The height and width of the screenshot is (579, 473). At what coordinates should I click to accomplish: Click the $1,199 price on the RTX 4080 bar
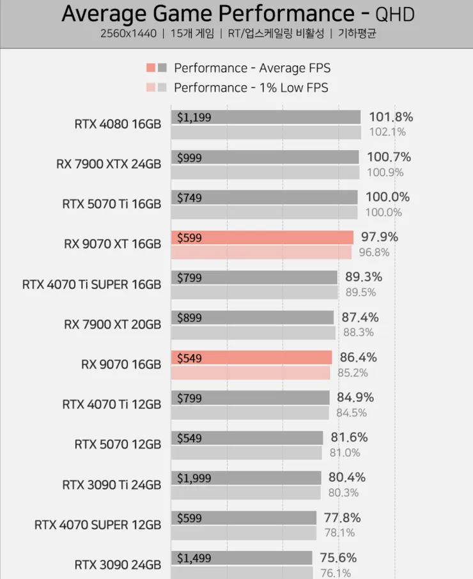194,118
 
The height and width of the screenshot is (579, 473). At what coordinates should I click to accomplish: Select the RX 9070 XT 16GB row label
112,243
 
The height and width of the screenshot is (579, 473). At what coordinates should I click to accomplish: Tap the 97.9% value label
379,237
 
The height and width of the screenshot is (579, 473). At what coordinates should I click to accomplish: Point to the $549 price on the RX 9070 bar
189,359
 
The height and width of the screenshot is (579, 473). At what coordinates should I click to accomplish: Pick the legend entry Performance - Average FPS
252,68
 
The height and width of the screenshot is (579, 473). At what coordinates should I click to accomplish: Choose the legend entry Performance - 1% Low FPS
251,88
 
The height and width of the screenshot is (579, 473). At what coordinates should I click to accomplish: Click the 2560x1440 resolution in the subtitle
128,34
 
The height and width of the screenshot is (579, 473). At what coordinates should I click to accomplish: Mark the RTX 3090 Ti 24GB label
111,484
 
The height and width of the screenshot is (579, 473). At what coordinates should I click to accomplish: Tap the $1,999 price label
194,478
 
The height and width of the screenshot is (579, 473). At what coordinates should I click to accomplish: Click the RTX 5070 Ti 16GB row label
111,204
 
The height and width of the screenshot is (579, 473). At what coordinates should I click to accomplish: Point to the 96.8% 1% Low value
374,252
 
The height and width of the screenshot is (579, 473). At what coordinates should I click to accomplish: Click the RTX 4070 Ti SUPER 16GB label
91,284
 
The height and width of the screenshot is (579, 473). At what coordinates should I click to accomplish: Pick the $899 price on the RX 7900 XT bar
189,318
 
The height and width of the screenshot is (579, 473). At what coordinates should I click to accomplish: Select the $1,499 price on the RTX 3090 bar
194,558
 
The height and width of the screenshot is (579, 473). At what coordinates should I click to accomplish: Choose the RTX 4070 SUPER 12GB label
98,525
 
